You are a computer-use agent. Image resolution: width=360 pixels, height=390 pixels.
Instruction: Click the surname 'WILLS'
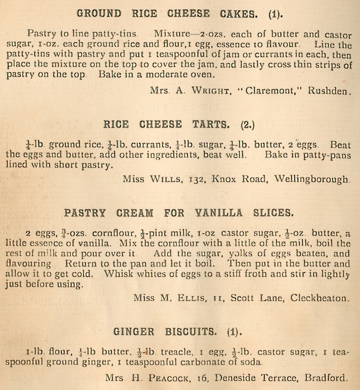[165, 177]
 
